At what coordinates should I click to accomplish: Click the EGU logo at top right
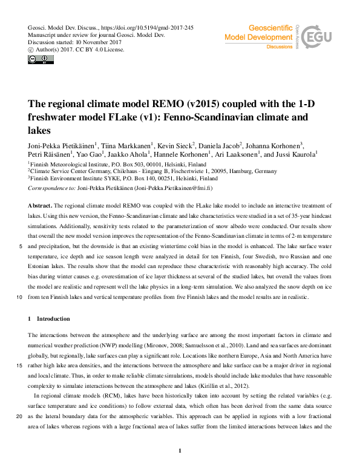coord(318,39)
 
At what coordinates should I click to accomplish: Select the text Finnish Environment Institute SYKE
coord(70,179)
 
